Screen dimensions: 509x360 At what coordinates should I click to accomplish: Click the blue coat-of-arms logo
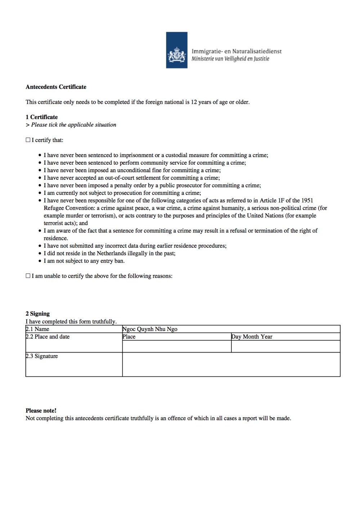(x=176, y=50)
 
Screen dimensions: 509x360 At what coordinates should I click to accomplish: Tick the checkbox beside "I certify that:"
(x=28, y=140)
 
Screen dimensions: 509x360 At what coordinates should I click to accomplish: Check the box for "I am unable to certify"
(x=28, y=276)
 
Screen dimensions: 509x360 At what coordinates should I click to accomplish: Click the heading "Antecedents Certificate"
(x=56, y=87)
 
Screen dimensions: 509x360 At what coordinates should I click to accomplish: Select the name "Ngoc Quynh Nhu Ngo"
(x=150, y=329)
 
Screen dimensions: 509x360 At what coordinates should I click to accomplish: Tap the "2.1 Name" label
(x=37, y=329)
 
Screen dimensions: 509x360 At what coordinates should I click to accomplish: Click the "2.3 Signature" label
(x=42, y=356)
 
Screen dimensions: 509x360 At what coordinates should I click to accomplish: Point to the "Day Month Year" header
(x=252, y=336)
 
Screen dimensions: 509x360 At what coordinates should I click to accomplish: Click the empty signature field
(x=231, y=365)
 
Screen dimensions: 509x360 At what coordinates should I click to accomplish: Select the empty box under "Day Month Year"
(x=285, y=346)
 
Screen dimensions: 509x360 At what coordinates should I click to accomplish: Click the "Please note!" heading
(x=41, y=411)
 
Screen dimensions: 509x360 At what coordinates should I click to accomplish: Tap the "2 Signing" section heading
(x=37, y=314)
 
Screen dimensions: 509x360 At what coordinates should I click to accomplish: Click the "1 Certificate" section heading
(x=41, y=117)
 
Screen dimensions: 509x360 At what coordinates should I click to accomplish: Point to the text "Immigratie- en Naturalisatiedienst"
(x=237, y=51)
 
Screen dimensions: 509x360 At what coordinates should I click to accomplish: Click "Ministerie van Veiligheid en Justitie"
(x=230, y=59)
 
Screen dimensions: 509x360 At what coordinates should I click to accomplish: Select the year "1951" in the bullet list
(x=306, y=200)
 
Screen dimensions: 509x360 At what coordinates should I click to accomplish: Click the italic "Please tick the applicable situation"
(x=73, y=125)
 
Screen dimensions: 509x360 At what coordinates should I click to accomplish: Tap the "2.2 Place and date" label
(x=48, y=336)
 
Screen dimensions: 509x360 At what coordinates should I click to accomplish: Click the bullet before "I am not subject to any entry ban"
(x=40, y=261)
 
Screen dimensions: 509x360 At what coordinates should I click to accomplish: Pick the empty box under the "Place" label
(x=176, y=346)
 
